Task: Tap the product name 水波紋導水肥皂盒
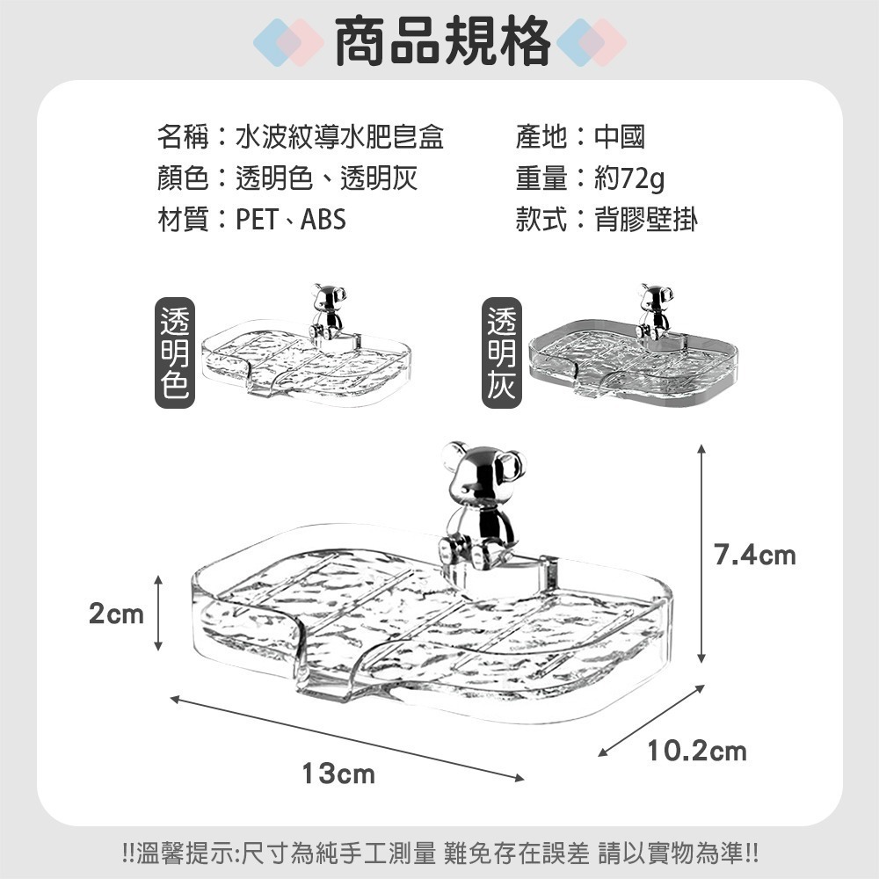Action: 340,137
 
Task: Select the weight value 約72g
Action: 629,178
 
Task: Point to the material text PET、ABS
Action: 291,220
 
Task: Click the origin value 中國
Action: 620,137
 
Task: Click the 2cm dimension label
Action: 116,614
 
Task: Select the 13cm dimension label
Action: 338,774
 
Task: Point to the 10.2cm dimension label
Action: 697,751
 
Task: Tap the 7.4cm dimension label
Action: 754,556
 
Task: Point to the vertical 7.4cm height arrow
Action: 701,554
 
